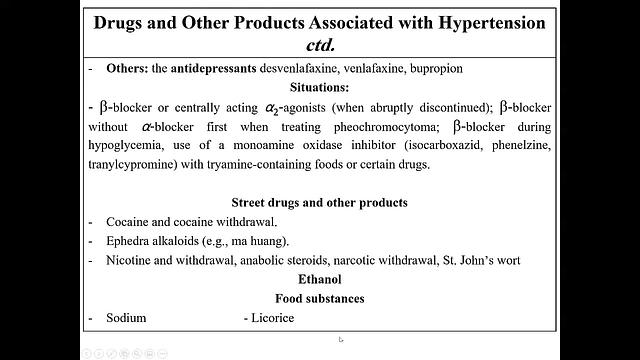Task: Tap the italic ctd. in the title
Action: (x=320, y=45)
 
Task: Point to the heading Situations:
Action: (x=320, y=87)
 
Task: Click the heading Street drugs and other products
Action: (x=320, y=202)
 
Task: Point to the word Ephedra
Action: (x=128, y=241)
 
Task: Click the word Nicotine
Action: (x=129, y=260)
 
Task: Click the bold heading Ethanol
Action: (x=320, y=279)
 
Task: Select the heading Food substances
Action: (x=320, y=298)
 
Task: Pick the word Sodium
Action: (x=126, y=318)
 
